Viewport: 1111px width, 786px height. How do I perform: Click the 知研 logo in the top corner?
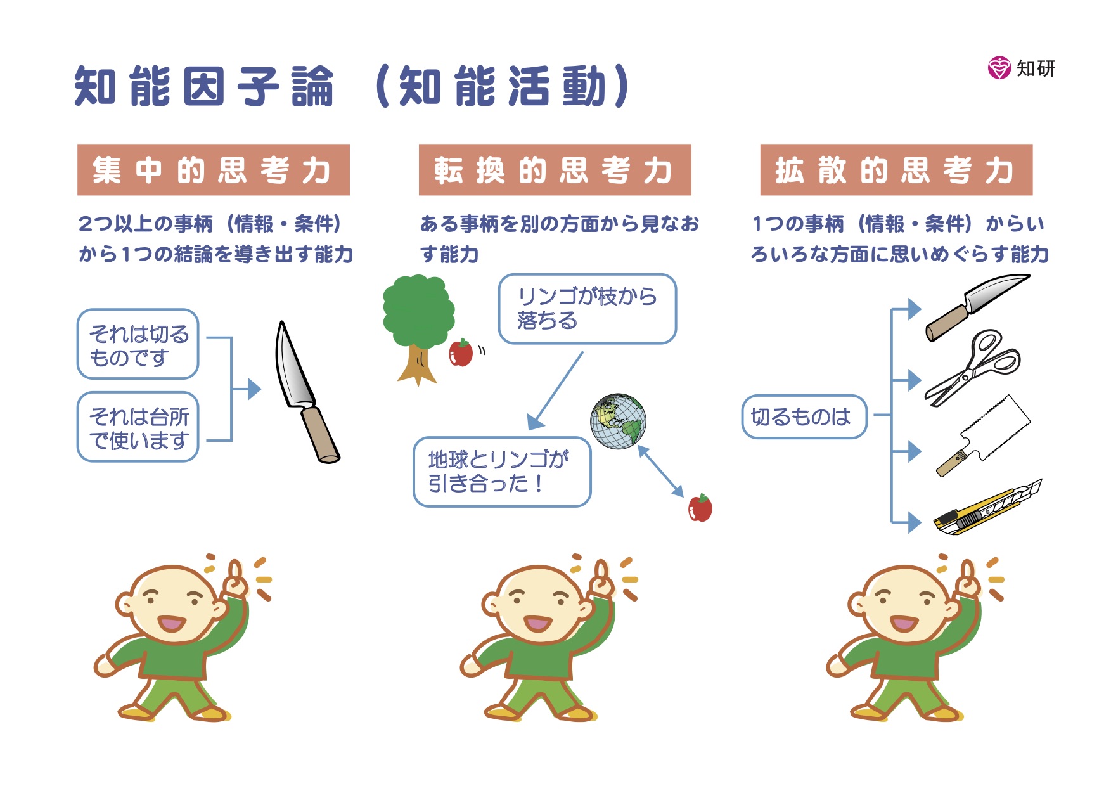pos(1022,67)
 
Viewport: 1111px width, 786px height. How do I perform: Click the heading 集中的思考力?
pos(213,170)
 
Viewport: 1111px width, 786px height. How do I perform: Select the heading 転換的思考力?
pos(555,170)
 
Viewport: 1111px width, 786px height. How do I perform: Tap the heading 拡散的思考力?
pos(896,170)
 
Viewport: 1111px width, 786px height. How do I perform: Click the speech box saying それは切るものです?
pos(138,344)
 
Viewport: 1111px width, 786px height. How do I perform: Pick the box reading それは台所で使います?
pos(138,427)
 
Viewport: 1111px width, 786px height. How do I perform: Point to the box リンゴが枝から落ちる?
pos(588,309)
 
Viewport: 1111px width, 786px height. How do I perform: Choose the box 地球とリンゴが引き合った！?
pos(502,472)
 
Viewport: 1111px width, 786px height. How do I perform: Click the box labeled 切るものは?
pos(804,416)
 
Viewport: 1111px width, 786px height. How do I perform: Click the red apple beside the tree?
pos(461,353)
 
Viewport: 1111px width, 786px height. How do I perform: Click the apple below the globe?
pos(700,508)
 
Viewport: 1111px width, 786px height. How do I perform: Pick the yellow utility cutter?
pos(987,508)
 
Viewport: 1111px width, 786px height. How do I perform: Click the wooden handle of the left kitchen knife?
pos(320,435)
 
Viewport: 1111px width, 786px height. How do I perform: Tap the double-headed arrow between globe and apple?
pos(660,471)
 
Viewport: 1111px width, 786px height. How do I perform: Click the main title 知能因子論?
pos(204,86)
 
